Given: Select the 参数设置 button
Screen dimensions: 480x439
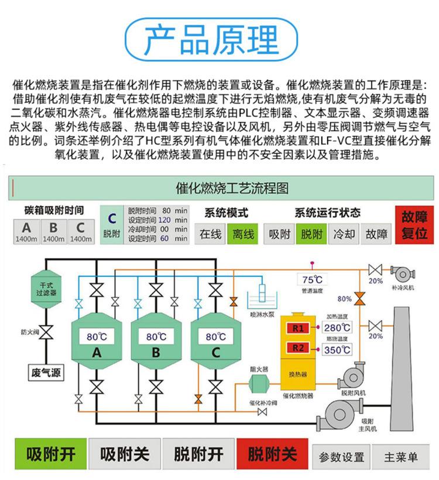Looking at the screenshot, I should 341,457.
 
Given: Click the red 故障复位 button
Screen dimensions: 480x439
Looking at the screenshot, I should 414,225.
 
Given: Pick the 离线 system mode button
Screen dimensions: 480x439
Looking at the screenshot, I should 243,234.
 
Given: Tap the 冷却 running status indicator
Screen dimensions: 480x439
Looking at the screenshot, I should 344,234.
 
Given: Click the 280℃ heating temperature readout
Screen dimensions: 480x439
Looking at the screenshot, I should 337,328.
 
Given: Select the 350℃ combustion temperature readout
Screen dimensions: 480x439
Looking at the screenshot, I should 337,350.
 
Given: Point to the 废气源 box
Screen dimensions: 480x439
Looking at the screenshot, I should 47,372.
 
